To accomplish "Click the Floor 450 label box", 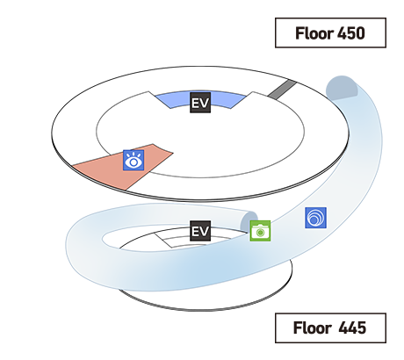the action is [330, 32].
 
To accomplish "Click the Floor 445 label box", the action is [330, 328].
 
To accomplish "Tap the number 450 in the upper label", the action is [351, 33].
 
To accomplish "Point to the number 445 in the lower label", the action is [352, 328].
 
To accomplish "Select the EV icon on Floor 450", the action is [200, 103].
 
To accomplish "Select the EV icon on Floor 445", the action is [200, 231].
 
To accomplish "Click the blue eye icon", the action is [133, 160].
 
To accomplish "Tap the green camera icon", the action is [260, 231].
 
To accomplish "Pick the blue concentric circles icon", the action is [315, 218].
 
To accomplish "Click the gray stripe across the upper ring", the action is [282, 90].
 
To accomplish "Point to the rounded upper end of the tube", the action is [342, 88].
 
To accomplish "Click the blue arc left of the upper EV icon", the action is [173, 100].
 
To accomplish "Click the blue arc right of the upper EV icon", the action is [228, 100].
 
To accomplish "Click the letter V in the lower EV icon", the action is [205, 231].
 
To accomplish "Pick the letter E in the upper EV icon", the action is [195, 103].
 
